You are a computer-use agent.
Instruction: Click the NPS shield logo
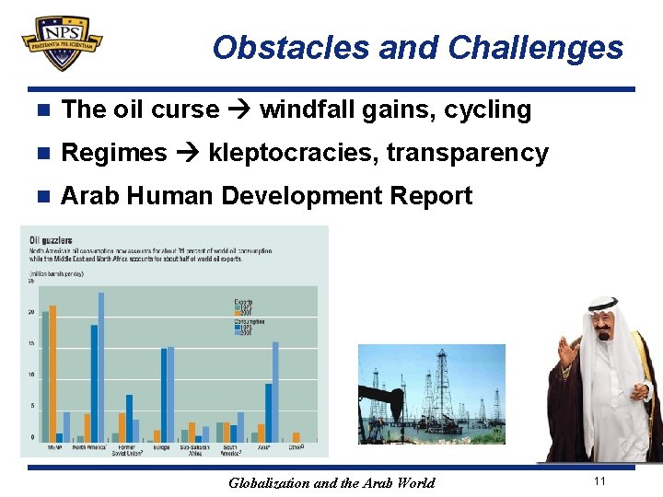click(x=61, y=42)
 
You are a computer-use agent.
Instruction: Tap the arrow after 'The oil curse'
click(x=239, y=110)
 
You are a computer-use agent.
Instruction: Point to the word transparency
click(x=467, y=153)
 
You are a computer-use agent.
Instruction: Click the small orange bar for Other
click(x=296, y=437)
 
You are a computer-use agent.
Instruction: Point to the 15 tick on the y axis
click(x=31, y=344)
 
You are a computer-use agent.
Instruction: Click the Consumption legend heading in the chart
click(x=249, y=321)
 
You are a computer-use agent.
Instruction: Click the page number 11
click(x=599, y=481)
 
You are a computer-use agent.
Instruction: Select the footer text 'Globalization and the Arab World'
click(x=331, y=482)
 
